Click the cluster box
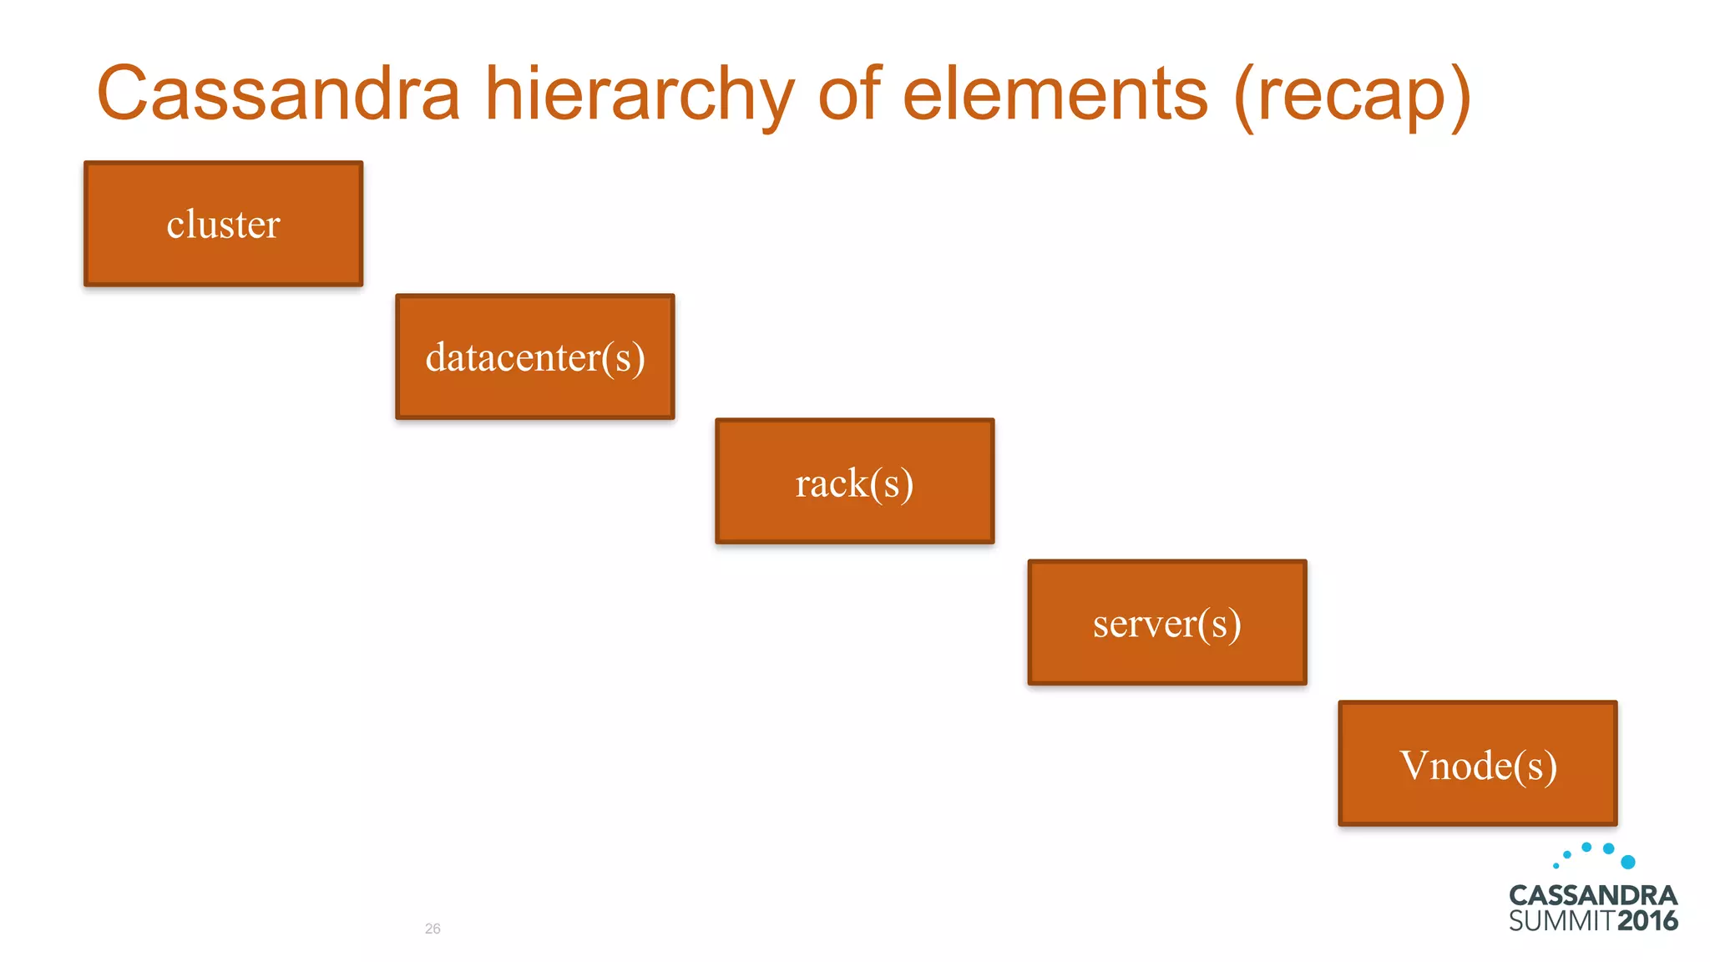click(223, 224)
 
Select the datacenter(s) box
click(534, 357)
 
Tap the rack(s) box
click(854, 481)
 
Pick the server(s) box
click(1166, 622)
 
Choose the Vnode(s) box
click(1477, 763)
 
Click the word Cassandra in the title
click(278, 94)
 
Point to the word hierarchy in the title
click(640, 96)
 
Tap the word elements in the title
click(1055, 94)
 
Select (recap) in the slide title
click(1352, 96)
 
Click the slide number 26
click(433, 929)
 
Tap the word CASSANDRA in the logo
click(1592, 895)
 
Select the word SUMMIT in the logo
click(1561, 921)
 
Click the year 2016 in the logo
click(1647, 921)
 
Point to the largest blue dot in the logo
click(1627, 862)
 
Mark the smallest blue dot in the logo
click(1556, 866)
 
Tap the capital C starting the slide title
click(124, 94)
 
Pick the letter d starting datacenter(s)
click(437, 357)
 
